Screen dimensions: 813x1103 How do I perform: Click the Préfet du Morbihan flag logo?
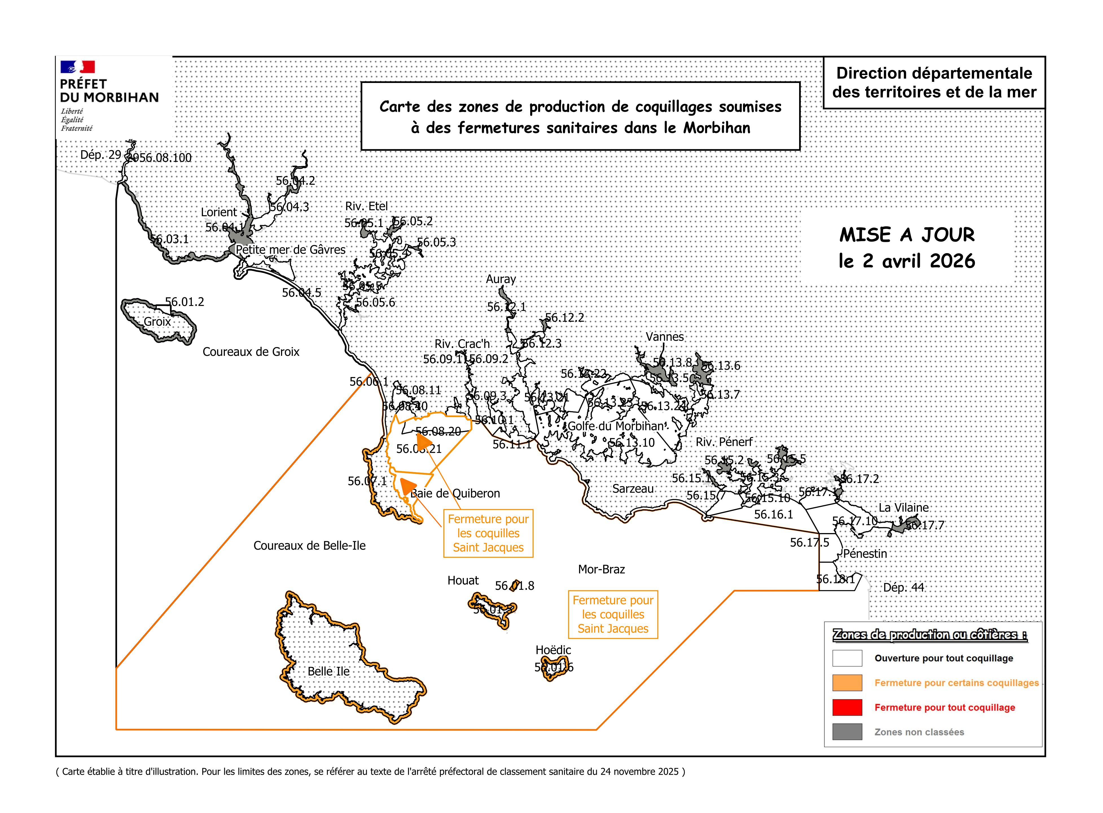(77, 67)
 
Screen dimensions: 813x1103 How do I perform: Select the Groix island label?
(157, 322)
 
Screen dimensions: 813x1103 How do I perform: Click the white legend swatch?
(847, 658)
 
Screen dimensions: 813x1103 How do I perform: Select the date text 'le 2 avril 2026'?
(906, 261)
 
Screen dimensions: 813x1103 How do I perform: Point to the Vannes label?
(665, 337)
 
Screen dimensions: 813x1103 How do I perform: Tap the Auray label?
(501, 279)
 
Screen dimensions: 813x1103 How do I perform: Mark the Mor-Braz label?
(601, 569)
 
